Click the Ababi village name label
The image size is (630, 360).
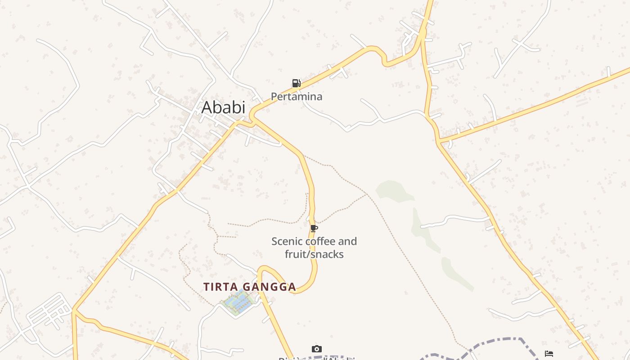(x=223, y=108)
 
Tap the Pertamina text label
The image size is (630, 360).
(x=296, y=96)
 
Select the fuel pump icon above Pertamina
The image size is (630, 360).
(x=296, y=83)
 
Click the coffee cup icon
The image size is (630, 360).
(x=314, y=229)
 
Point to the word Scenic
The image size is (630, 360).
(x=287, y=242)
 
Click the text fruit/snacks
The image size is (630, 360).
(x=314, y=254)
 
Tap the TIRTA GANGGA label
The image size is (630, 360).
(x=250, y=287)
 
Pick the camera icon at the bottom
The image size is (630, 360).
(x=317, y=349)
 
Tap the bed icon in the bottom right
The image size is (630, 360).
(x=549, y=354)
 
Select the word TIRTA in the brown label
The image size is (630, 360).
(x=220, y=287)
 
